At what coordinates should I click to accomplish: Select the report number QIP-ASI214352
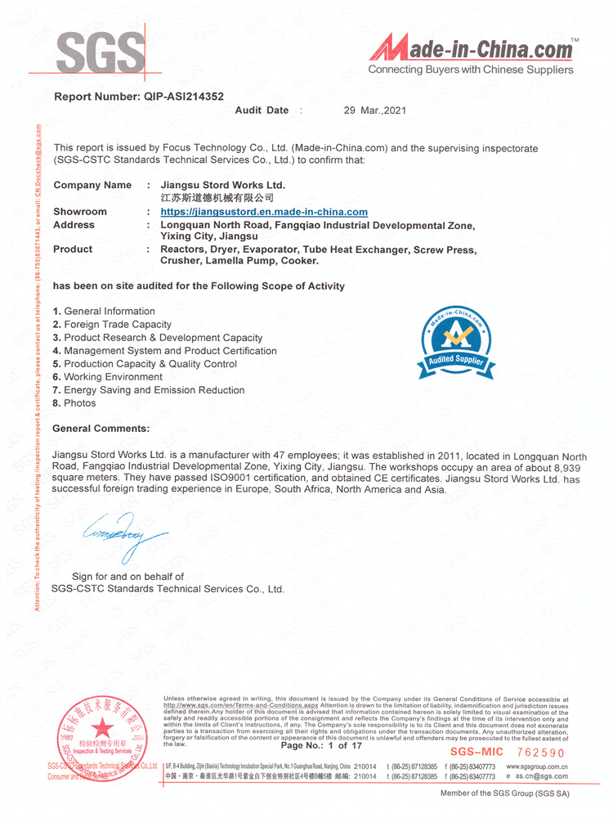(x=139, y=97)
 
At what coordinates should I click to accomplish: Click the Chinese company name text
(x=217, y=198)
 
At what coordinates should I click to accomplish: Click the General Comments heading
(x=101, y=429)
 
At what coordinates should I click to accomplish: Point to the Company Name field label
(x=92, y=186)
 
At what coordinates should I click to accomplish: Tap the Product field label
(x=73, y=249)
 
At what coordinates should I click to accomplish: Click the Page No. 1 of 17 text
(x=321, y=746)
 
